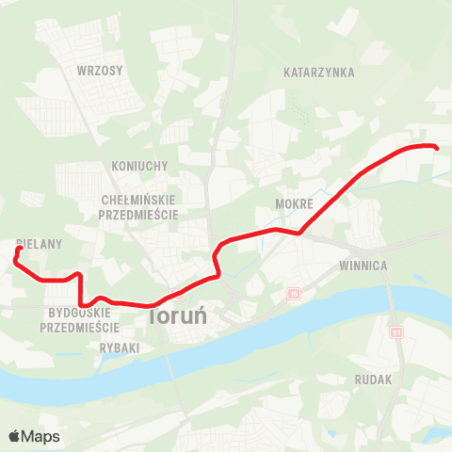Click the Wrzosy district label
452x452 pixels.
[x=96, y=71]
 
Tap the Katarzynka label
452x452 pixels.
[x=317, y=72]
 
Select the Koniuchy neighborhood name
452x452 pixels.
[x=139, y=166]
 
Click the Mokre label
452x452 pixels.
[x=293, y=203]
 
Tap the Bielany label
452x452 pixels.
[x=39, y=243]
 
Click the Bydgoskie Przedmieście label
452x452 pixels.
[x=80, y=320]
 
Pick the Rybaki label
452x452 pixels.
[x=120, y=347]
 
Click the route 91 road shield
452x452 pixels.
[x=396, y=332]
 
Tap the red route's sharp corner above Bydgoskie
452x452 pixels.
[x=79, y=275]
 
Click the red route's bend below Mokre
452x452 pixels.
[x=299, y=233]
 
